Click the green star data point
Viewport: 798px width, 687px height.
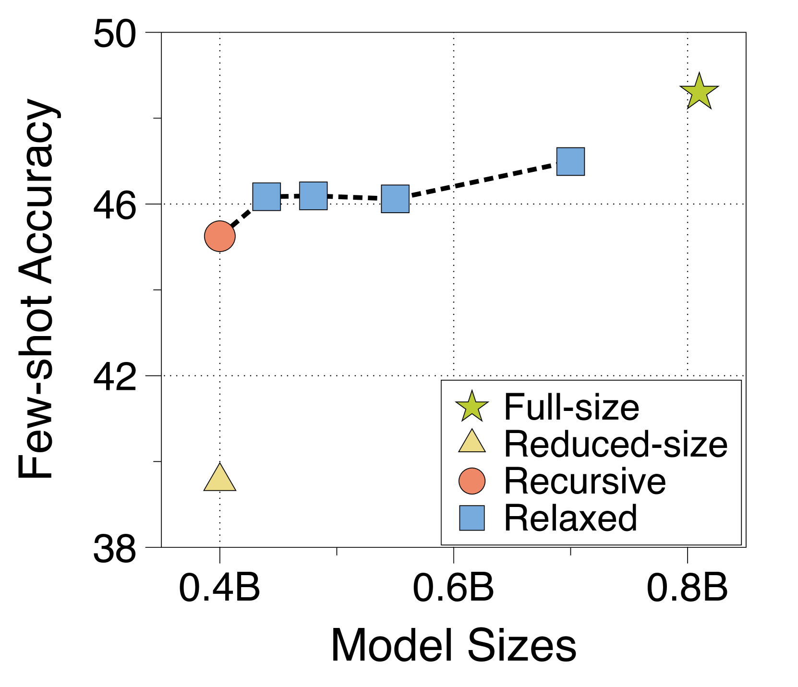[699, 92]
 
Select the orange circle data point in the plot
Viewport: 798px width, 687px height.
[220, 236]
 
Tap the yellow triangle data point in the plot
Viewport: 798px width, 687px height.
[220, 479]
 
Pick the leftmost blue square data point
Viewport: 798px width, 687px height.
[266, 197]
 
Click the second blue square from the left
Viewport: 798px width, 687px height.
[314, 196]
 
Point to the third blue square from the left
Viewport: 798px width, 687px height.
[395, 199]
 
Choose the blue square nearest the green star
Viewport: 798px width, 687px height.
[570, 161]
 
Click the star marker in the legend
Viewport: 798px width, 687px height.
[472, 407]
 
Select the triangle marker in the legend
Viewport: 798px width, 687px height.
[472, 442]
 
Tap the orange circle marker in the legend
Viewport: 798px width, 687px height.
[472, 481]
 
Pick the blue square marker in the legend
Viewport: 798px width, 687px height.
[472, 518]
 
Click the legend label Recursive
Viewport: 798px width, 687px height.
[585, 481]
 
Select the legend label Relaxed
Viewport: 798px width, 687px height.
[570, 518]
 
